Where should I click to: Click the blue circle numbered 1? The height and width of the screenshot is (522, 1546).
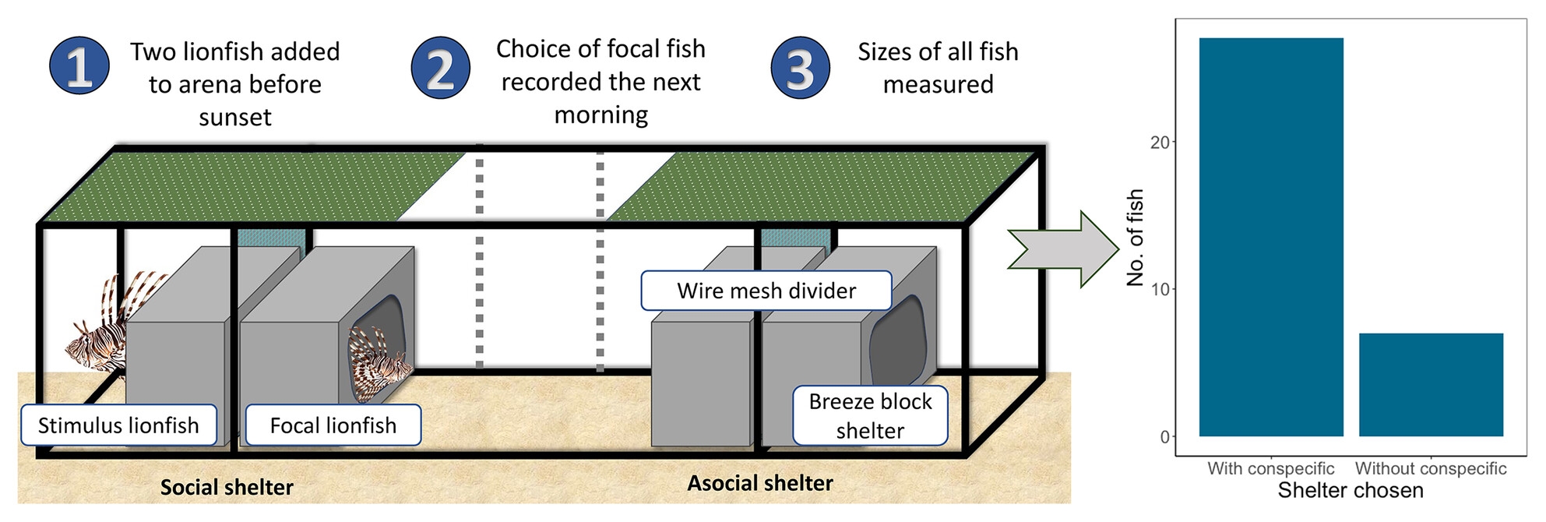pos(79,66)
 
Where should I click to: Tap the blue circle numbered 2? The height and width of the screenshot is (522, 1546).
pos(441,68)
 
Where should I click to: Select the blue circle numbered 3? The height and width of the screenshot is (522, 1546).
pos(800,68)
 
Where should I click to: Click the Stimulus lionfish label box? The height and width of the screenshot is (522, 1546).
pos(118,425)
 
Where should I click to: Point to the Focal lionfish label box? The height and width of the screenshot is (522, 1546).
pos(333,425)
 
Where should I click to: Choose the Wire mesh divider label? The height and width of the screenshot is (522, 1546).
pos(766,291)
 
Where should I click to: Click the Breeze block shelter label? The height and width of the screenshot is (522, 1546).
pos(870,416)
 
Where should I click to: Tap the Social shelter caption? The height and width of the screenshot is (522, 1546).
pos(227,488)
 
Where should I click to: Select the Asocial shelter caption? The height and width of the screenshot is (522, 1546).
pos(760,484)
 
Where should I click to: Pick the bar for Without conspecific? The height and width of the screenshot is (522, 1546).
pos(1431,385)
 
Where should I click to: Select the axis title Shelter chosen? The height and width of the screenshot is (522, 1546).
pos(1351,491)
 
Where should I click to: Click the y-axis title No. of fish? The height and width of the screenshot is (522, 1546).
pos(1136,238)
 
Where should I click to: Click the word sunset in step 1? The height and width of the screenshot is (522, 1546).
pos(235,118)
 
